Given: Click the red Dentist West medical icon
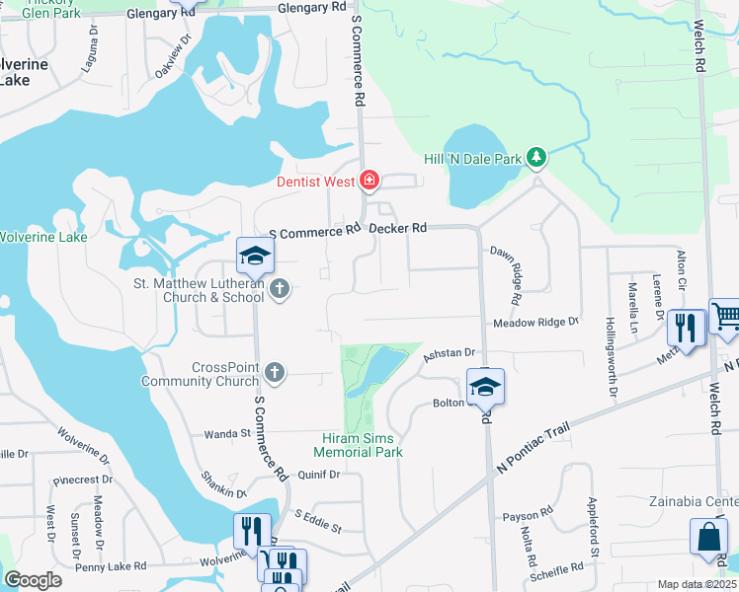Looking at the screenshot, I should click(369, 180).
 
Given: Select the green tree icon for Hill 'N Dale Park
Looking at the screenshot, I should click(536, 157).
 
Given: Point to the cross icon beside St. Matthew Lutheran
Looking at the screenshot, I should click(280, 289).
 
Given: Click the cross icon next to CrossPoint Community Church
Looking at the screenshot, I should click(276, 372).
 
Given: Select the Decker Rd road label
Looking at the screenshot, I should click(397, 228).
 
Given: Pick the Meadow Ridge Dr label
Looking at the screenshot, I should click(534, 323).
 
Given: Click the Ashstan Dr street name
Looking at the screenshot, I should click(450, 353).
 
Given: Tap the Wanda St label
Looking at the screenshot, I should click(227, 433).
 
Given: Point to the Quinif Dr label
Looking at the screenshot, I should click(318, 474).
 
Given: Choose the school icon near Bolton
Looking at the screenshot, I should click(485, 388).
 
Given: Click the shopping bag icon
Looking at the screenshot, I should click(708, 538).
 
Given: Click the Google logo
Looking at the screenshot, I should click(33, 580).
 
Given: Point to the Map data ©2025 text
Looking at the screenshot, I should click(697, 584).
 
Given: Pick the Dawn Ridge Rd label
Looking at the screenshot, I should click(516, 274).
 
